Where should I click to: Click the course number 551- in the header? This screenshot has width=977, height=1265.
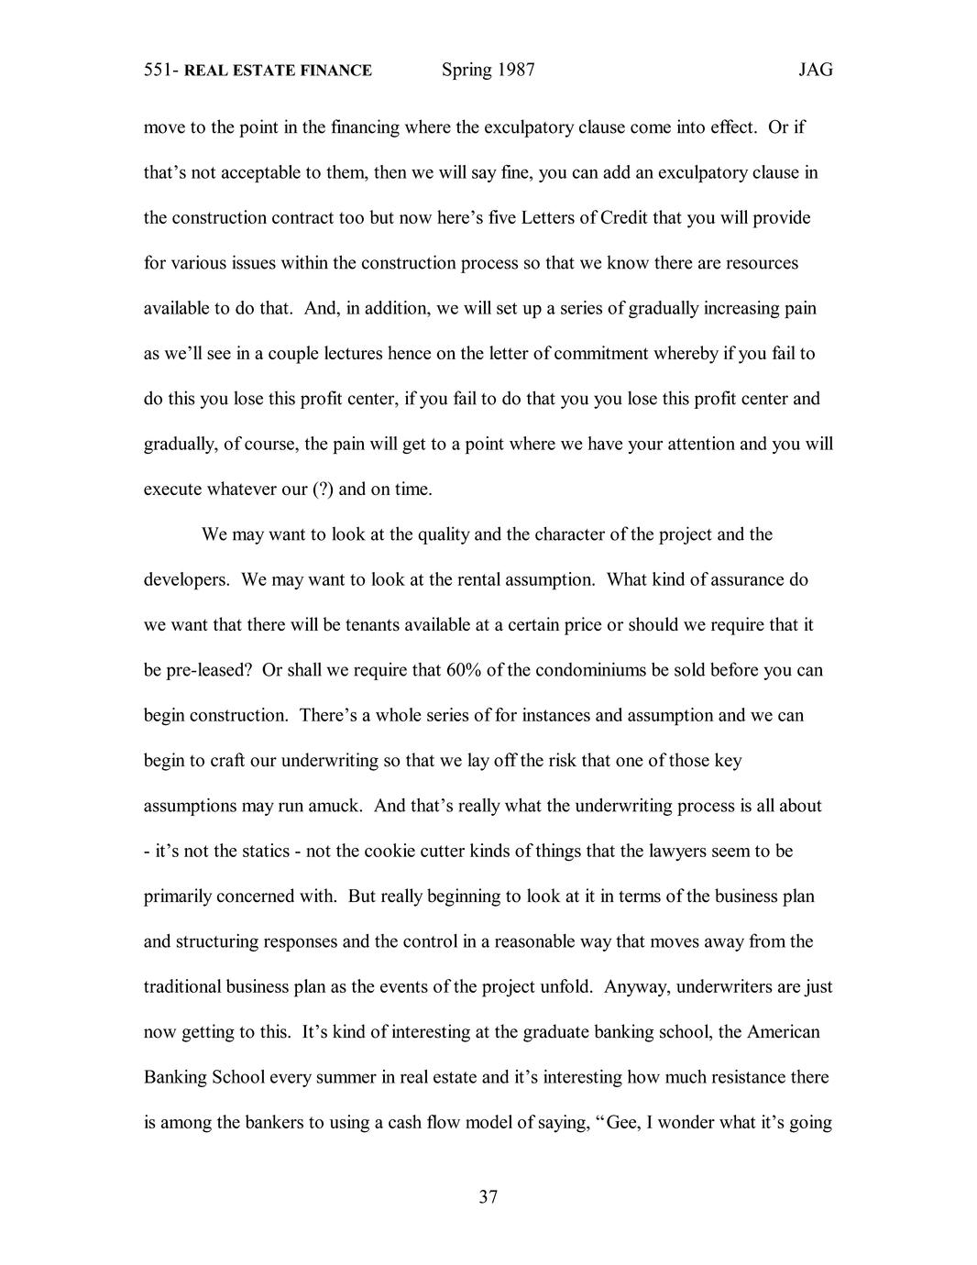(161, 71)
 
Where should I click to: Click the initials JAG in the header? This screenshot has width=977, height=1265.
(815, 71)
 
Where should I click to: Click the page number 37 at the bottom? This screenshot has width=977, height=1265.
(488, 1197)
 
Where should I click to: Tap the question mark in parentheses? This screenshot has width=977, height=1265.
(323, 489)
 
